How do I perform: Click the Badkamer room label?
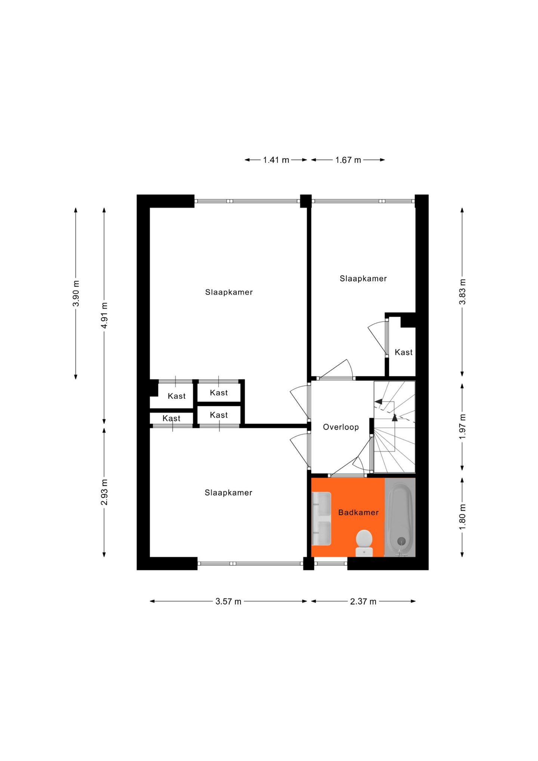358,512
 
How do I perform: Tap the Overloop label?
340,427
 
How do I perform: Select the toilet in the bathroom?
364,542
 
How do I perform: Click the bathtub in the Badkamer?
400,517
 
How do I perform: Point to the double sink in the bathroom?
321,518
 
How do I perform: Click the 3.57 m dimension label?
228,601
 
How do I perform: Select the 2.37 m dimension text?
363,601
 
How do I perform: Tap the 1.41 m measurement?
276,160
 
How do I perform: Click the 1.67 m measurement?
348,160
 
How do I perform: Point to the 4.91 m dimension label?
105,315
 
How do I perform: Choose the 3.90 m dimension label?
76,293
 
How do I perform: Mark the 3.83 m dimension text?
462,292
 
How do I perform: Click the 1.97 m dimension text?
462,426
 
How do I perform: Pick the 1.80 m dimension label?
462,517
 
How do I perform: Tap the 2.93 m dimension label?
105,492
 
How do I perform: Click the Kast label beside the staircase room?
403,352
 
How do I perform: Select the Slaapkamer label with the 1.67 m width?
363,278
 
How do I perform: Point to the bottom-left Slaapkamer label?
228,493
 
